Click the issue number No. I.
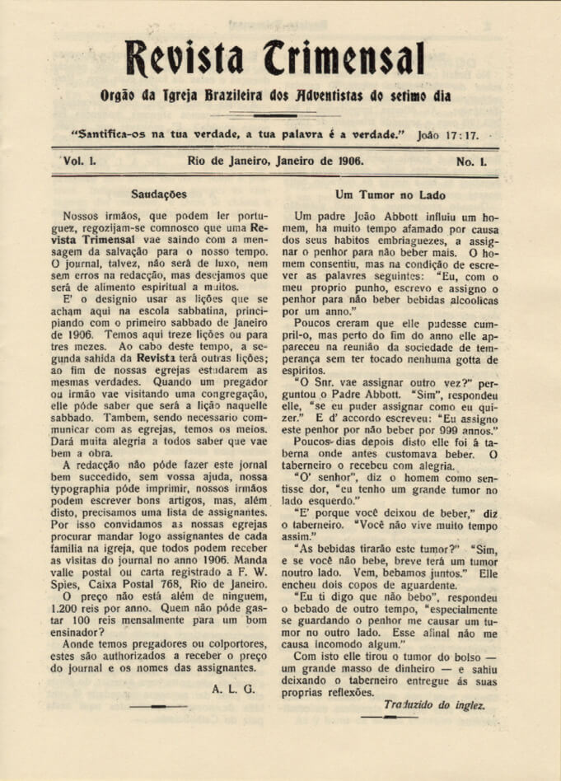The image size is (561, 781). [x=472, y=161]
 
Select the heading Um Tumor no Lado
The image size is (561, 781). [x=390, y=194]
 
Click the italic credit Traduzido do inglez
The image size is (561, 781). [x=434, y=705]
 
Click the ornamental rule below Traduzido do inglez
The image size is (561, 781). [x=390, y=717]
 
